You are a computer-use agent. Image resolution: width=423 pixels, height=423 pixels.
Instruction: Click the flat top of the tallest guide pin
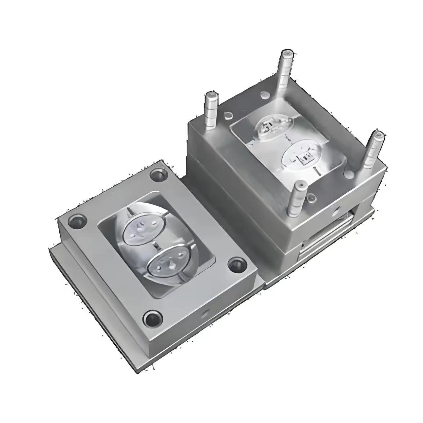coord(287,53)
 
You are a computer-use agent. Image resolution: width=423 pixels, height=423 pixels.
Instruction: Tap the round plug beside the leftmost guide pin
coord(228,116)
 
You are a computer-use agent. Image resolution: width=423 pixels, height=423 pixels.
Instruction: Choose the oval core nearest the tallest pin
coord(274,127)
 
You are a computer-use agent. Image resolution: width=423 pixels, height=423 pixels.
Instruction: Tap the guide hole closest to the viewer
coord(153,319)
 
